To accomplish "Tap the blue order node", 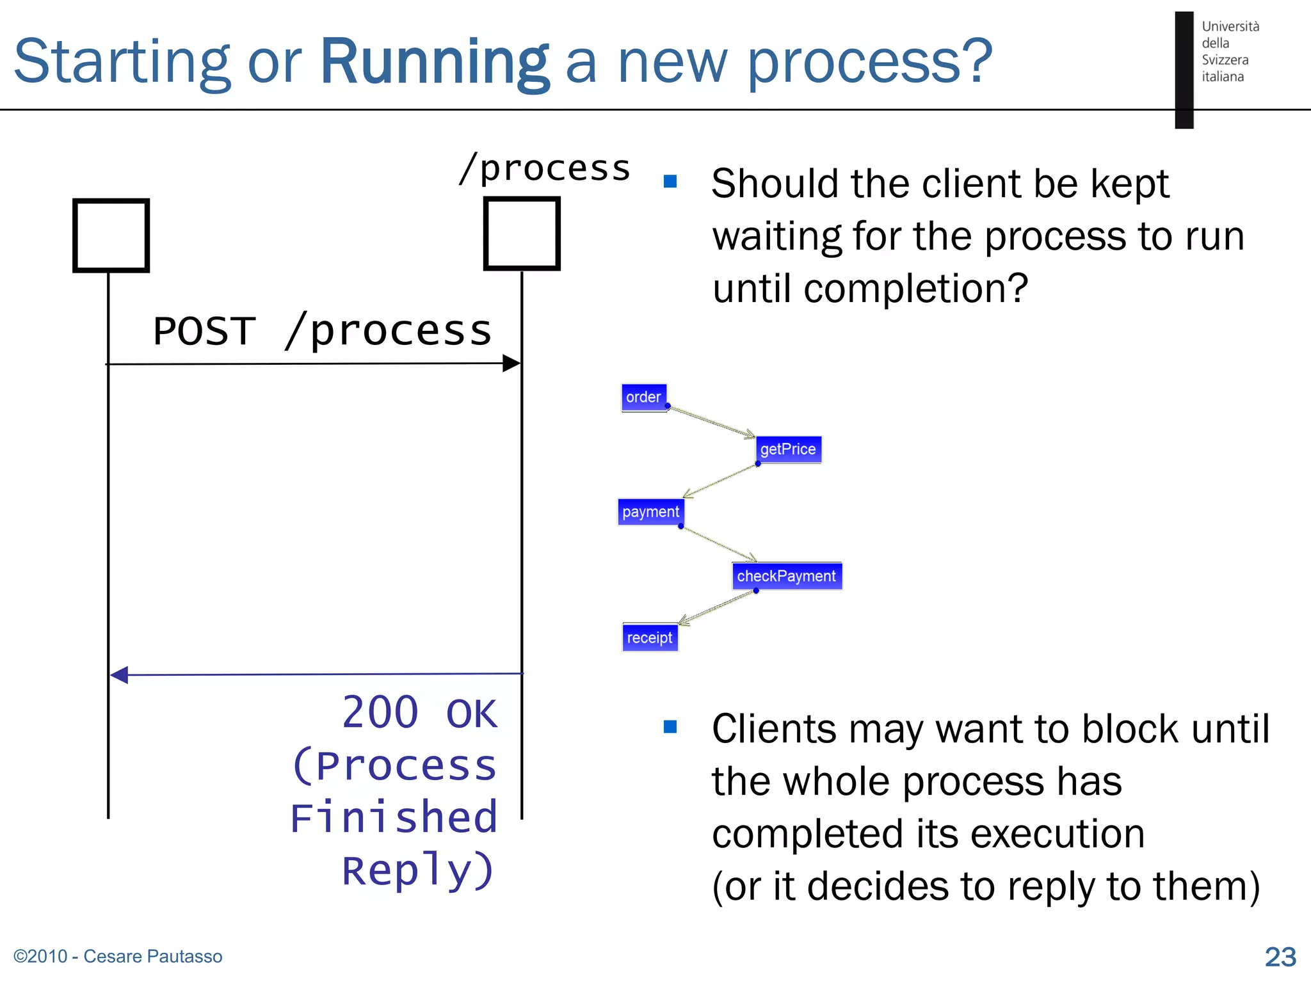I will [644, 397].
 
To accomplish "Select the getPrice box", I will [788, 449].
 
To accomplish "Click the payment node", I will [650, 512].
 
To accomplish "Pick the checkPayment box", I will [786, 576].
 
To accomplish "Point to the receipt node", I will [650, 637].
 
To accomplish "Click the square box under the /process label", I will [522, 234].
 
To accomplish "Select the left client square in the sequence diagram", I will [111, 236].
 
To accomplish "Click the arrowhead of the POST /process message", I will [511, 364].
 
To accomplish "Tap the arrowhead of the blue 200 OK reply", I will [119, 675].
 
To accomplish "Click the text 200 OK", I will [419, 713].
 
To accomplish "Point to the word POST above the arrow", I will [205, 332].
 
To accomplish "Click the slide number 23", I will [1280, 957].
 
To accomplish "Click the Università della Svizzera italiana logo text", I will [1229, 51].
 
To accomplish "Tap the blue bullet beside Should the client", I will [670, 182].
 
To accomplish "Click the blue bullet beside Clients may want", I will [670, 726].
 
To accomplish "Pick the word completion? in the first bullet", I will [915, 289].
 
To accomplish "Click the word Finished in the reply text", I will [394, 818].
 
